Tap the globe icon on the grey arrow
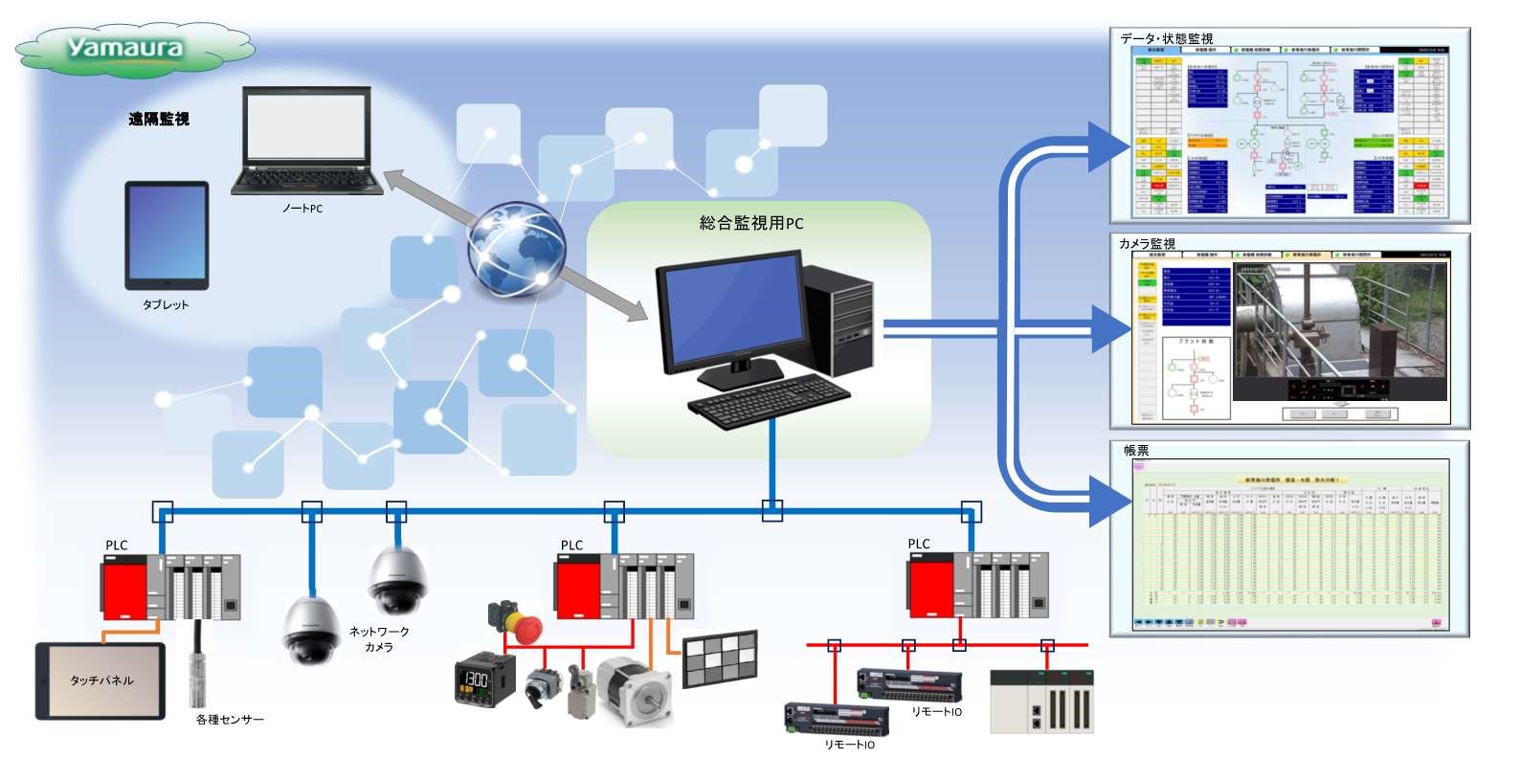[x=515, y=251]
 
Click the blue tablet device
[x=167, y=234]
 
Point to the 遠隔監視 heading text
[x=159, y=119]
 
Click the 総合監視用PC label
[x=751, y=223]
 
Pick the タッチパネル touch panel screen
[x=101, y=680]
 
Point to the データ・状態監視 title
[x=1167, y=38]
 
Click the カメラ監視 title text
[x=1147, y=244]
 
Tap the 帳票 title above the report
[x=1136, y=450]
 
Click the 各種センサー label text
[x=230, y=719]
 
